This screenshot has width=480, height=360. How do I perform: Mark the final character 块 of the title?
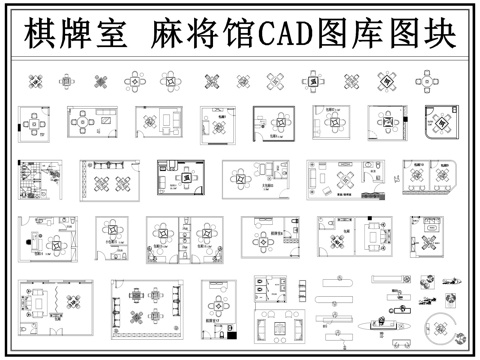tap(439, 36)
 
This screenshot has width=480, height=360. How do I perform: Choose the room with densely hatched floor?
tap(38, 183)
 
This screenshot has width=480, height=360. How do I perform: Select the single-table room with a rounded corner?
tap(437, 121)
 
